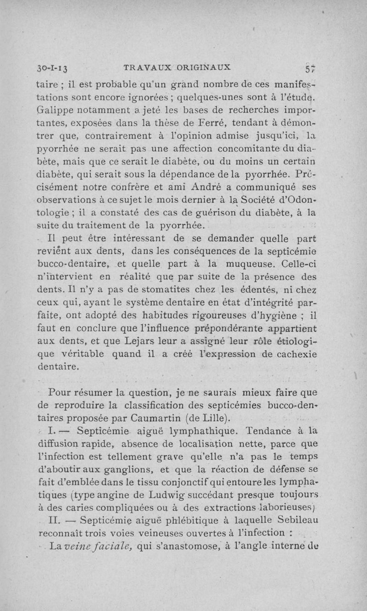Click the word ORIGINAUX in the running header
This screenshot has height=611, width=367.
(x=201, y=67)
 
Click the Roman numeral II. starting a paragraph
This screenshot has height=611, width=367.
(x=56, y=520)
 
